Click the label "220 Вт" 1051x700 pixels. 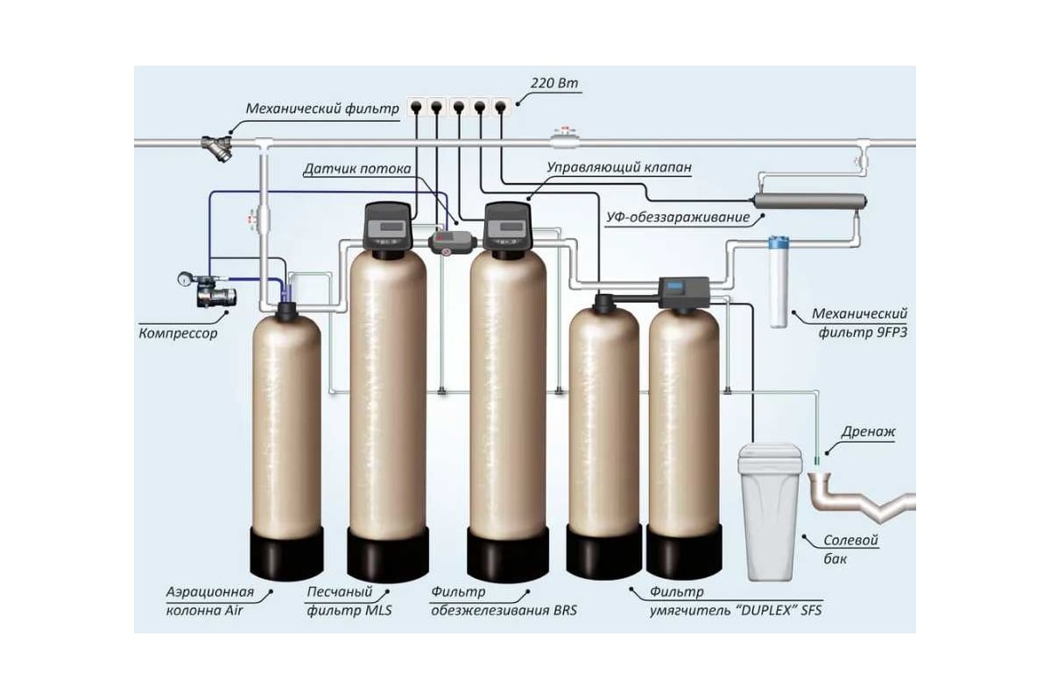coord(554,84)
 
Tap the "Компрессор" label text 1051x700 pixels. coord(178,333)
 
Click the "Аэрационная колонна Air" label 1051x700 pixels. coord(209,601)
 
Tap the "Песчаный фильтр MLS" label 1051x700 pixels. coord(349,601)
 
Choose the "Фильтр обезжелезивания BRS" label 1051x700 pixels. coord(504,601)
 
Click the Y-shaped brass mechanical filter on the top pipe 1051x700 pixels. coord(215,147)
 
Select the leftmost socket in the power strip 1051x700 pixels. coord(415,107)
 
